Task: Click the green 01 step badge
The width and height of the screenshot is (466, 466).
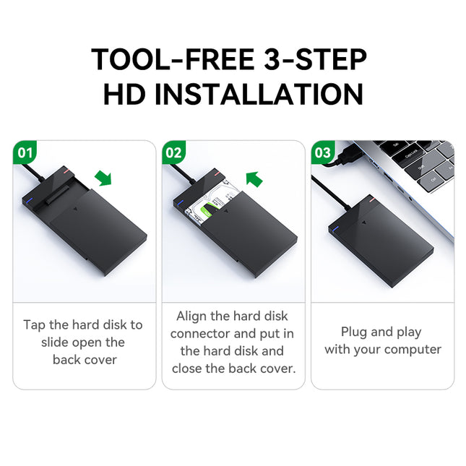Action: click(25, 153)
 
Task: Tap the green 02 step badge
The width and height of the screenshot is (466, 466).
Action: click(174, 153)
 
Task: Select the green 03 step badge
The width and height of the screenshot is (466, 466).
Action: click(323, 153)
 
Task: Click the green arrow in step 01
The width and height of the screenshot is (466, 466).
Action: click(104, 178)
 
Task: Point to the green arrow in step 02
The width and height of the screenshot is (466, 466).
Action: click(254, 178)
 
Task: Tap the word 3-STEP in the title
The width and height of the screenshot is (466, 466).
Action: click(318, 59)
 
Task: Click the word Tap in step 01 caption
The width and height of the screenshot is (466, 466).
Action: click(35, 325)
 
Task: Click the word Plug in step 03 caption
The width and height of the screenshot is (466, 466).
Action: click(354, 332)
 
